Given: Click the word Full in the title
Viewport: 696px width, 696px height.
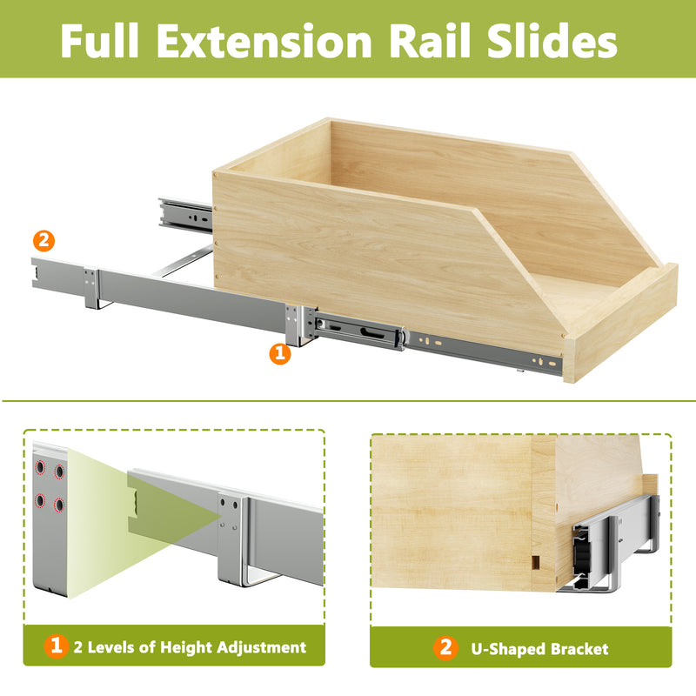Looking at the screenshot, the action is pyautogui.click(x=99, y=40).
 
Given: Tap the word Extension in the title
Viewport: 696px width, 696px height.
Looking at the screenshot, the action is pyautogui.click(x=264, y=40).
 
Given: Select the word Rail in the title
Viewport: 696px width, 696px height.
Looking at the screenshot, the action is pyautogui.click(x=429, y=40).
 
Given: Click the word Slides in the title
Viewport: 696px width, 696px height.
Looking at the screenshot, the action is pyautogui.click(x=552, y=40).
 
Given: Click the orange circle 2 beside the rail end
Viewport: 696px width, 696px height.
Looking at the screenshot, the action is pyautogui.click(x=43, y=241).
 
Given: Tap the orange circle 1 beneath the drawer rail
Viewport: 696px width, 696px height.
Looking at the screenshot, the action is pyautogui.click(x=279, y=354).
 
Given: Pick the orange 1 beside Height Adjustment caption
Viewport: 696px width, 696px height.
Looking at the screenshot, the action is pyautogui.click(x=56, y=646).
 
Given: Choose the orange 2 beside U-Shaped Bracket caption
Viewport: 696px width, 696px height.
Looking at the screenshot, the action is pyautogui.click(x=445, y=647).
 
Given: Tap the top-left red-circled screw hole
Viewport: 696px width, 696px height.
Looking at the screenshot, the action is pyautogui.click(x=40, y=467).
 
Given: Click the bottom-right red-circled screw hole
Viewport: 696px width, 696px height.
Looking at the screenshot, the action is pyautogui.click(x=59, y=505).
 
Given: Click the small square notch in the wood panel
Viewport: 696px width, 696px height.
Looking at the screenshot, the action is pyautogui.click(x=535, y=562).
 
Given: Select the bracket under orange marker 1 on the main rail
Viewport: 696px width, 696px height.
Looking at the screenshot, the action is pyautogui.click(x=299, y=325).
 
